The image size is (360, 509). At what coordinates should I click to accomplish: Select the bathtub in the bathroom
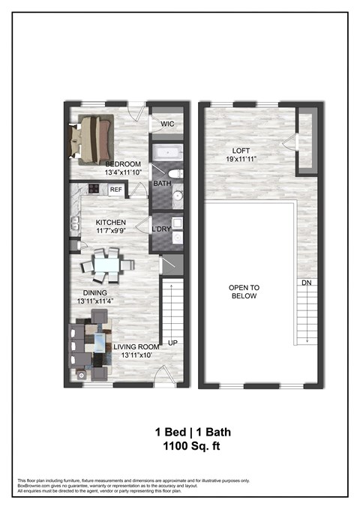[x=164, y=155]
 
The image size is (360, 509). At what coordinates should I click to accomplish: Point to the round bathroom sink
[x=178, y=197]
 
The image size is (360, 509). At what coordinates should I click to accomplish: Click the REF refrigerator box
[x=115, y=190]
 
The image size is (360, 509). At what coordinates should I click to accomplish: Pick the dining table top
[x=105, y=265]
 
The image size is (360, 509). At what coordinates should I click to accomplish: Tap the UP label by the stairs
[x=172, y=342]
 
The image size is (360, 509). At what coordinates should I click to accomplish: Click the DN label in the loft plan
[x=306, y=283]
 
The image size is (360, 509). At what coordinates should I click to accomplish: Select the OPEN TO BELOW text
[x=244, y=292]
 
